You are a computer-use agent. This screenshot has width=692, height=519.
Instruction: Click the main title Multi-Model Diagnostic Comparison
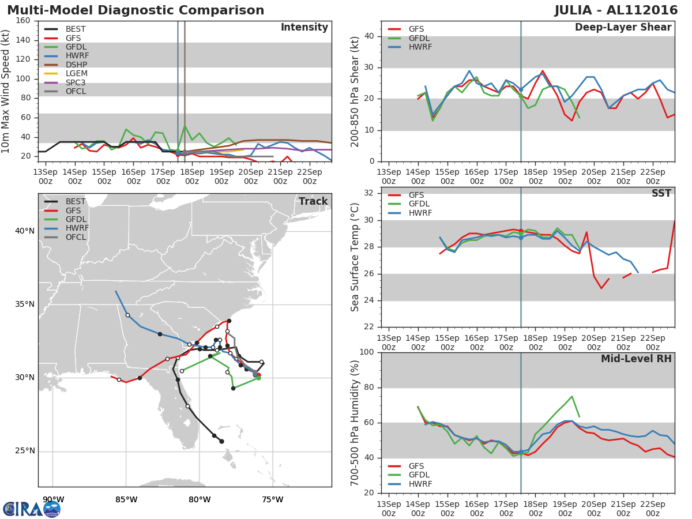pyautogui.click(x=136, y=10)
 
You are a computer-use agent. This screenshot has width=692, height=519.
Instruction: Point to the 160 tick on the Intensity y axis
pyautogui.click(x=24, y=21)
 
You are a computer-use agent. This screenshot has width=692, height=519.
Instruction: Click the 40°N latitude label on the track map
pyautogui.click(x=24, y=231)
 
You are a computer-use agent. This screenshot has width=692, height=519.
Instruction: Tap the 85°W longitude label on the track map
pyautogui.click(x=126, y=499)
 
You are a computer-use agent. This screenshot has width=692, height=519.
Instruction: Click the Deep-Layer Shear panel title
pyautogui.click(x=623, y=28)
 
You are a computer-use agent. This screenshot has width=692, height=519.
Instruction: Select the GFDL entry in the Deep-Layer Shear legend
pyautogui.click(x=419, y=38)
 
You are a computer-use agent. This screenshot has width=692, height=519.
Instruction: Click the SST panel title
pyautogui.click(x=661, y=193)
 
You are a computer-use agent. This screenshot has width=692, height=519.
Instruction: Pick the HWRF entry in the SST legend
pyautogui.click(x=420, y=213)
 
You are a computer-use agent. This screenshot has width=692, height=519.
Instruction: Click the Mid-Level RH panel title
pyautogui.click(x=636, y=359)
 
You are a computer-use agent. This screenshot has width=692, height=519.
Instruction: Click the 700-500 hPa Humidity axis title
pyautogui.click(x=355, y=423)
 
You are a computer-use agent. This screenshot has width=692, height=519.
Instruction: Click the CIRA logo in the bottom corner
pyautogui.click(x=32, y=509)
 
